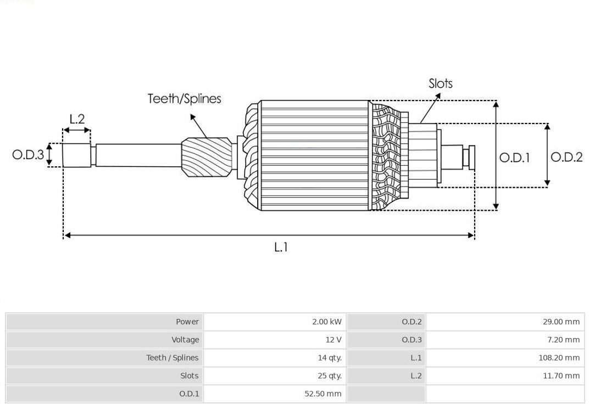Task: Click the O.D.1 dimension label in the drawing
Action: pos(515,158)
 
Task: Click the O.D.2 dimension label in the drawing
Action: pos(566,157)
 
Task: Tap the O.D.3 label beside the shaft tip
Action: pos(28,154)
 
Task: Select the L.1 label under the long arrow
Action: pos(281,247)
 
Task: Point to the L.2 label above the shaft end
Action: pos(77,119)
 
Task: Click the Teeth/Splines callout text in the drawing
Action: pos(184,99)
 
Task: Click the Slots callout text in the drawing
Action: pos(441,83)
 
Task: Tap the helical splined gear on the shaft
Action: pos(207,157)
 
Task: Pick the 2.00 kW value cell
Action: pos(327,322)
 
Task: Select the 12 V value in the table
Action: pos(334,340)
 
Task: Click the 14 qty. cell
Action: pos(330,358)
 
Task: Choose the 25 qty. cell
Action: pos(330,376)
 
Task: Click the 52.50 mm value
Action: pos(323,394)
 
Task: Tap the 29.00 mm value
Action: pos(561,322)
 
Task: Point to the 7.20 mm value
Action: pos(564,340)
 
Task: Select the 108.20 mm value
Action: pos(559,358)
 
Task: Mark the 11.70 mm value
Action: pos(561,376)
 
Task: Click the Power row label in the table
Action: pos(187,322)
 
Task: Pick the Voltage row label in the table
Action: pos(185,340)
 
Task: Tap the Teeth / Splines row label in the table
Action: pos(173,358)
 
